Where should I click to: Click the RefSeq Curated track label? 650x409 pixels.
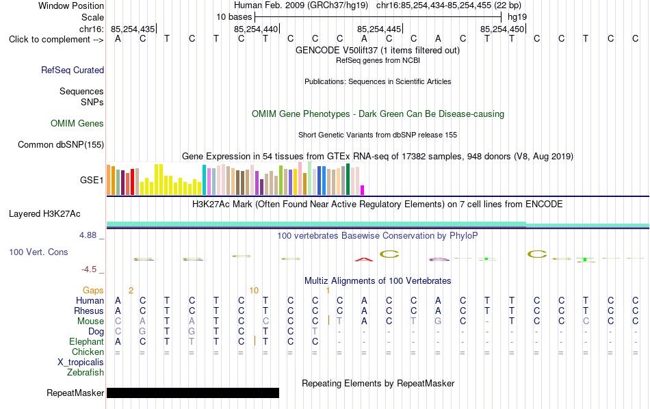coord(73,70)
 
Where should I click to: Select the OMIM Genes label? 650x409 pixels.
coord(77,124)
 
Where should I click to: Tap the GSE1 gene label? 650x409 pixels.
coord(92,180)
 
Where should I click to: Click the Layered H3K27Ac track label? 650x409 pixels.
coord(44,214)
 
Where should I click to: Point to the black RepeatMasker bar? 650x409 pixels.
coord(193,393)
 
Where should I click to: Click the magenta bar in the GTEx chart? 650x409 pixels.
coord(362,189)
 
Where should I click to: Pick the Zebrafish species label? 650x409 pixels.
coord(86,373)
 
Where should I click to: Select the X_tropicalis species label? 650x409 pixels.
coord(81,362)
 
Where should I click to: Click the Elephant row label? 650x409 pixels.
coord(87,341)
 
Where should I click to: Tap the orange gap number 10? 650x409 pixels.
coord(254,291)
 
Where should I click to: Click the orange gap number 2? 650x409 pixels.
coord(131,291)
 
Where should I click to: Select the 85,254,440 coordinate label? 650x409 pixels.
coord(256,29)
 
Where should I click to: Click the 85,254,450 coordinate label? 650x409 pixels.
coord(502,29)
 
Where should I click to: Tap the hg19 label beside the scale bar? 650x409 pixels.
coord(517,17)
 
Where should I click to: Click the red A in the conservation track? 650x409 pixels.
coord(364,259)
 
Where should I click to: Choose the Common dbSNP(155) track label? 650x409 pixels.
coord(61,144)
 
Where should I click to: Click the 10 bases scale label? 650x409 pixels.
coord(234,17)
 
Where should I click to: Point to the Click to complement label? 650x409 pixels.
coord(56,40)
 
